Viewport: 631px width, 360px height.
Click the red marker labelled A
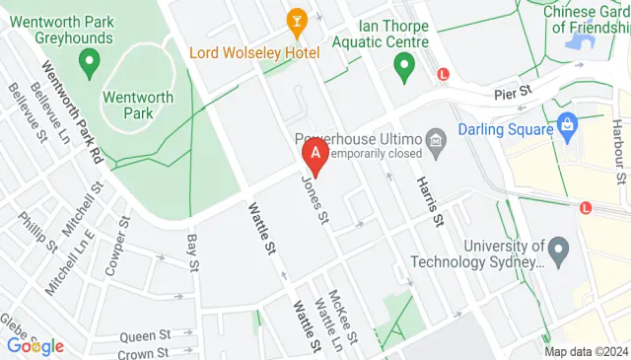pyautogui.click(x=315, y=154)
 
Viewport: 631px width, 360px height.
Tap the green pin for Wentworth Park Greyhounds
pyautogui.click(x=89, y=65)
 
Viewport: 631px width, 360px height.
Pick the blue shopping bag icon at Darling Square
pyautogui.click(x=567, y=125)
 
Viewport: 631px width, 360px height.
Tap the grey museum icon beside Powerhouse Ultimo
pyautogui.click(x=435, y=148)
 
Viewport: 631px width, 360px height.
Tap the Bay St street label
pyautogui.click(x=193, y=252)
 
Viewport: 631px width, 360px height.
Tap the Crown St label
pyautogui.click(x=142, y=352)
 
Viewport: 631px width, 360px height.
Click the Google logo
pyautogui.click(x=35, y=345)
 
